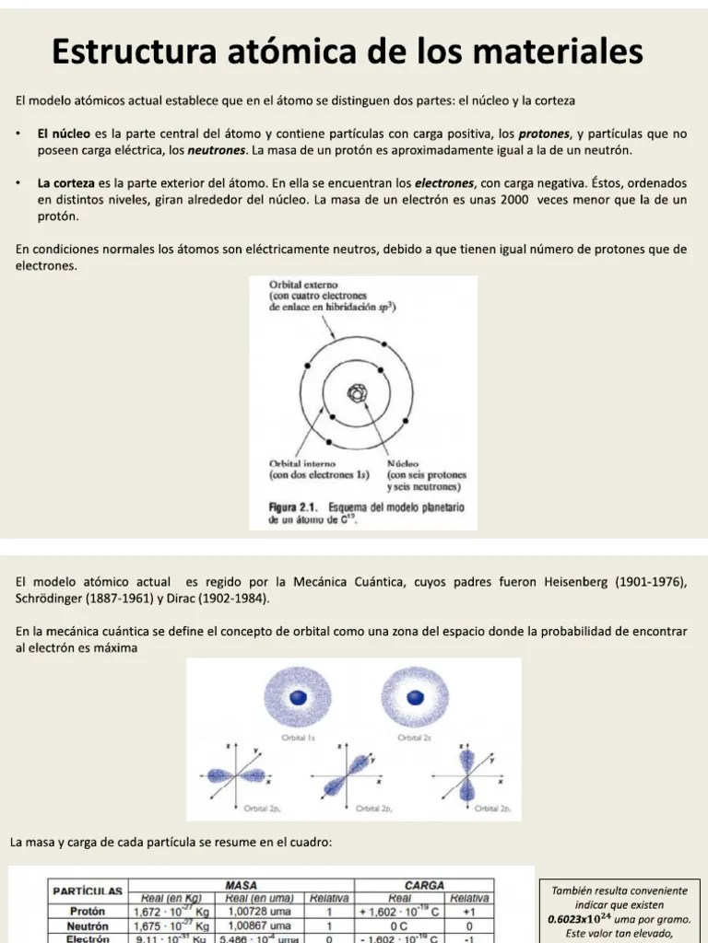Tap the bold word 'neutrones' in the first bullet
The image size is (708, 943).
pyautogui.click(x=217, y=150)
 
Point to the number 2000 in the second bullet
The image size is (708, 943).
pyautogui.click(x=520, y=200)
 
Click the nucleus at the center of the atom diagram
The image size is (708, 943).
pyautogui.click(x=357, y=394)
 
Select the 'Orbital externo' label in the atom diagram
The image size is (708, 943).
pyautogui.click(x=305, y=285)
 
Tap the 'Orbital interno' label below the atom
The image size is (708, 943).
pyautogui.click(x=302, y=463)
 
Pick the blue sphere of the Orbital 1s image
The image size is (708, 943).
pyautogui.click(x=298, y=698)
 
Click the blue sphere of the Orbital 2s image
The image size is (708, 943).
pyautogui.click(x=416, y=698)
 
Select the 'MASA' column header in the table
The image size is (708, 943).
pyautogui.click(x=241, y=885)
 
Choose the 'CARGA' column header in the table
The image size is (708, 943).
pyautogui.click(x=424, y=885)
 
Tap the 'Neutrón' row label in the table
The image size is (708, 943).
pyautogui.click(x=88, y=926)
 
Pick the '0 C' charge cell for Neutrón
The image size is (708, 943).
pyautogui.click(x=399, y=926)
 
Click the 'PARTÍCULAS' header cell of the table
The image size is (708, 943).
pyautogui.click(x=88, y=891)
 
